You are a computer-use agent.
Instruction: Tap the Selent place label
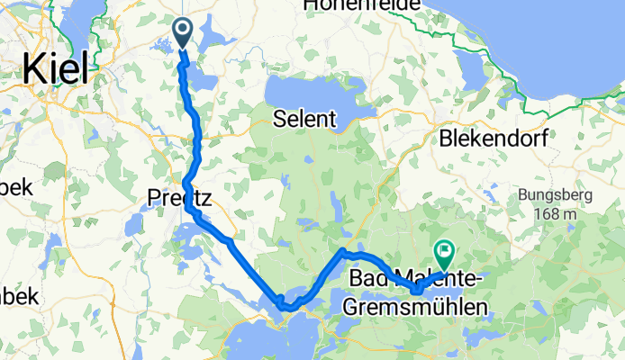click(x=306, y=118)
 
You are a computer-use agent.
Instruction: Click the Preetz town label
click(x=179, y=199)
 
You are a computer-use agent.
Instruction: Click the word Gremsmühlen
click(x=415, y=307)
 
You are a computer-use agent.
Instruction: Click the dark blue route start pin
click(x=182, y=33)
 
